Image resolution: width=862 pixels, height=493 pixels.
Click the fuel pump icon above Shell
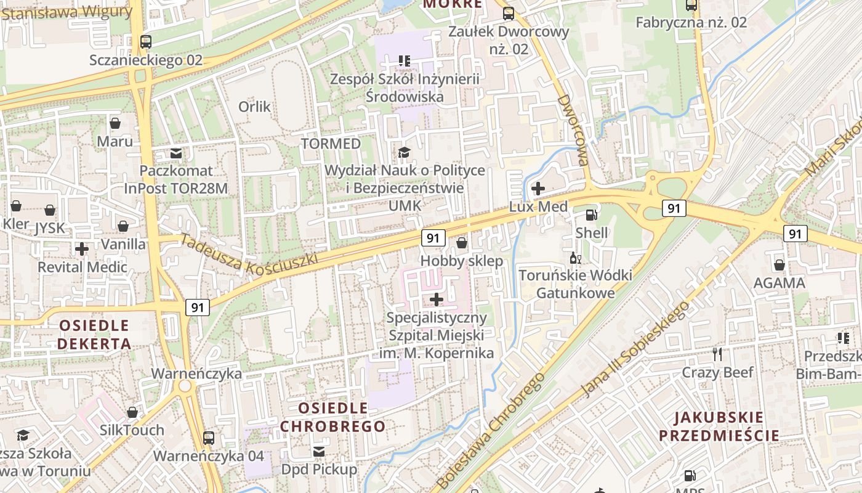(x=591, y=215)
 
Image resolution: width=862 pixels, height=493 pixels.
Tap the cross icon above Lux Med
(x=538, y=189)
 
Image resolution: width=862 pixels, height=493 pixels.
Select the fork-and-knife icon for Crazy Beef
(x=717, y=354)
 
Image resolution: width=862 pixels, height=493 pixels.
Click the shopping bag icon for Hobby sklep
(x=462, y=243)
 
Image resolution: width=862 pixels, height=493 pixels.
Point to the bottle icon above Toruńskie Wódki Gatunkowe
(x=575, y=258)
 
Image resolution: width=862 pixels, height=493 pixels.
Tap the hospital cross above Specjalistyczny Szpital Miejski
(x=437, y=300)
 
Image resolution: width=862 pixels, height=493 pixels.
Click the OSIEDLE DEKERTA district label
(x=94, y=334)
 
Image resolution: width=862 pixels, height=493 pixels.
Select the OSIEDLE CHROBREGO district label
(x=333, y=417)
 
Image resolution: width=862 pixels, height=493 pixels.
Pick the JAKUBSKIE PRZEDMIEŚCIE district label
(x=719, y=426)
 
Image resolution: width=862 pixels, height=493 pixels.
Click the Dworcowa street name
(x=573, y=130)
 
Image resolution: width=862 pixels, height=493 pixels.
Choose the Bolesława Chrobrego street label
(x=491, y=430)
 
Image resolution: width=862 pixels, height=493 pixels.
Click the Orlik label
(x=254, y=107)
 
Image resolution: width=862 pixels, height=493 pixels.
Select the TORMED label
(x=331, y=144)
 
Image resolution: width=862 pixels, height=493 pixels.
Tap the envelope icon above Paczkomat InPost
(x=177, y=153)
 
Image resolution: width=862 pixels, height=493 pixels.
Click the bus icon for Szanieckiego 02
(x=146, y=42)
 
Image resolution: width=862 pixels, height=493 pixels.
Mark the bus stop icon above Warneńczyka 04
(x=209, y=438)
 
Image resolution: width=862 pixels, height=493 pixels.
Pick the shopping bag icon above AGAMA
(x=779, y=265)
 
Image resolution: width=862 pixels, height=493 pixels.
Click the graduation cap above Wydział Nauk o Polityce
(x=404, y=152)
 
